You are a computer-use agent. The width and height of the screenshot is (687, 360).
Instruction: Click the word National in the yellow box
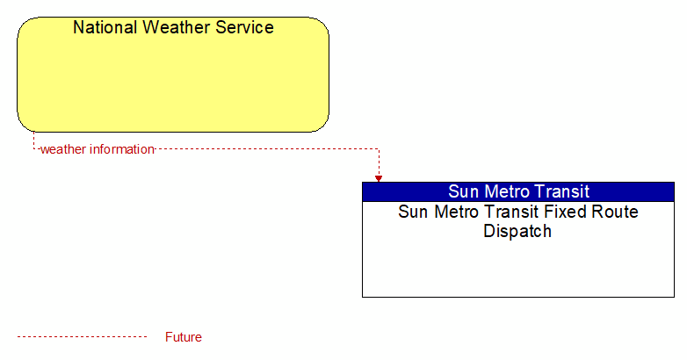point(105,27)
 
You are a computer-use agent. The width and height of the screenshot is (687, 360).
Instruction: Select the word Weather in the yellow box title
point(177,27)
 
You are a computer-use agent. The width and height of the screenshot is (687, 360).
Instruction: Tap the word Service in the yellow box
point(244,27)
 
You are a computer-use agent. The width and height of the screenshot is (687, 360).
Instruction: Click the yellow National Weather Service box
point(173,75)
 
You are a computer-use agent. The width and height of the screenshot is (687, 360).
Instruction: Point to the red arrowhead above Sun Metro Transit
point(379,179)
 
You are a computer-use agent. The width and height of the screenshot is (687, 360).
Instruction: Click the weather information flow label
point(98,149)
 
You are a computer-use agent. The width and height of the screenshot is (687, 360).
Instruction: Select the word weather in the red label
point(63,149)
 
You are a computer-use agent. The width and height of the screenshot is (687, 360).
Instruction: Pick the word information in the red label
point(122,149)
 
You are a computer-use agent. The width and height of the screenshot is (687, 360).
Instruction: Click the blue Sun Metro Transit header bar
point(518,191)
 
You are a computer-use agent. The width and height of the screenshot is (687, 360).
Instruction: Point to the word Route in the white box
point(615,212)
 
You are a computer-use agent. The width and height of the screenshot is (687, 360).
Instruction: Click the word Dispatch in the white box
point(517,231)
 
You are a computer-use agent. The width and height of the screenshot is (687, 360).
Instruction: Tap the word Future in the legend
point(184,337)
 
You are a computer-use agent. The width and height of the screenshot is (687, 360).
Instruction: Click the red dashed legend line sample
point(83,337)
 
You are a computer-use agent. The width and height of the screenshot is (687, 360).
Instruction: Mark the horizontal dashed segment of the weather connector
point(267,149)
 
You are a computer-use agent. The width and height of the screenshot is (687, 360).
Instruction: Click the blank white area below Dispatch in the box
point(518,268)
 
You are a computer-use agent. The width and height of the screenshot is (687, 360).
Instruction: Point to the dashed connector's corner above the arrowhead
point(379,149)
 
